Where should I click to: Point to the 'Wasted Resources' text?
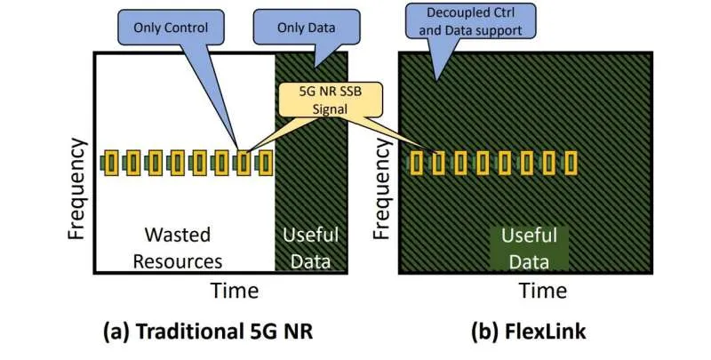point(178,248)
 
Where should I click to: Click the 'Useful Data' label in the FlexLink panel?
point(529,248)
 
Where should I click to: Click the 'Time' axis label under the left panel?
point(234,291)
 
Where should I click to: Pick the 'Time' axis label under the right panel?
point(543,291)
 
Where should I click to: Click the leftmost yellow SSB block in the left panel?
point(111,163)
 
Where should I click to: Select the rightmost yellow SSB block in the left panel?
point(264,163)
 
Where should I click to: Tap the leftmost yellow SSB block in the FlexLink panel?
point(419,163)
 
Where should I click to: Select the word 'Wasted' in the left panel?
point(178,236)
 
